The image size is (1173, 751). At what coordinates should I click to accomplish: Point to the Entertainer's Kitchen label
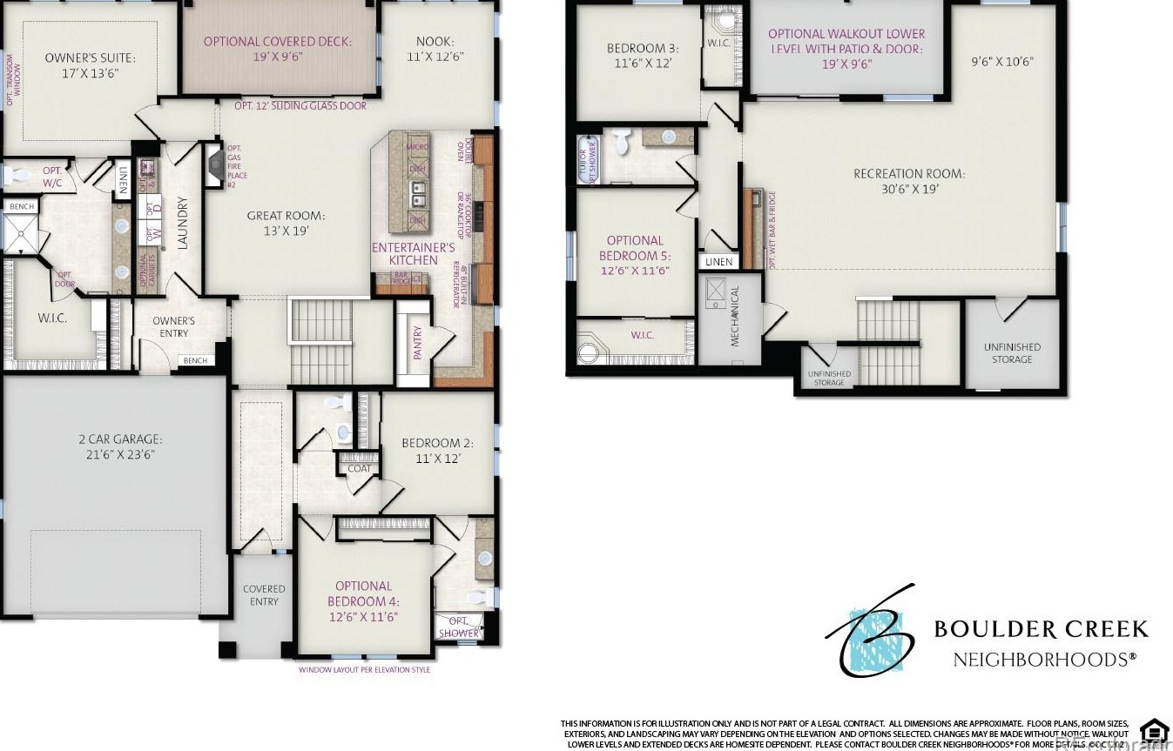414,254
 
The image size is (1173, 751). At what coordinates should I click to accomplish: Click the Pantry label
418,343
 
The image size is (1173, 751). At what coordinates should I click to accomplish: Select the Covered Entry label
264,595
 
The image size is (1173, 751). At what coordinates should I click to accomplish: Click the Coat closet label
359,469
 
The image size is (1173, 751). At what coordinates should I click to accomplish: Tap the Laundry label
183,226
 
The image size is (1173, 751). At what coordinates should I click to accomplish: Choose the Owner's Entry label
173,327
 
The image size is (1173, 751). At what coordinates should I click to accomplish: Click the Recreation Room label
908,181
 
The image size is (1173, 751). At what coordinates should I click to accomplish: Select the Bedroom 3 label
642,56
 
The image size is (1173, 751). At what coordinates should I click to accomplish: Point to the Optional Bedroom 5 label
635,256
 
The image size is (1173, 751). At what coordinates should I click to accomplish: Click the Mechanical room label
734,316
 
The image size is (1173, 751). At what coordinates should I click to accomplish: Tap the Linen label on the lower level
719,262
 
